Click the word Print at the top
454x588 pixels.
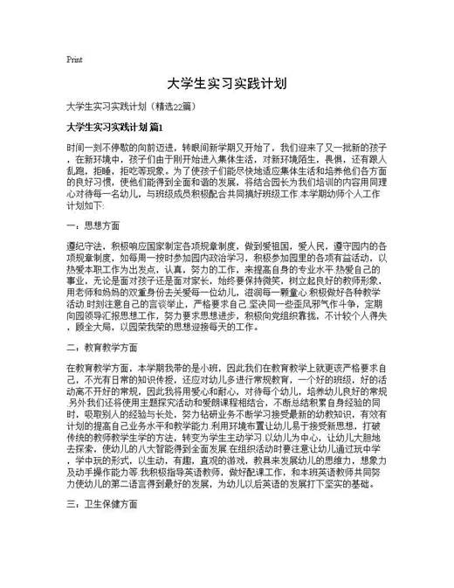click(74, 60)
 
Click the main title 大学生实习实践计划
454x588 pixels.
click(226, 85)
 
